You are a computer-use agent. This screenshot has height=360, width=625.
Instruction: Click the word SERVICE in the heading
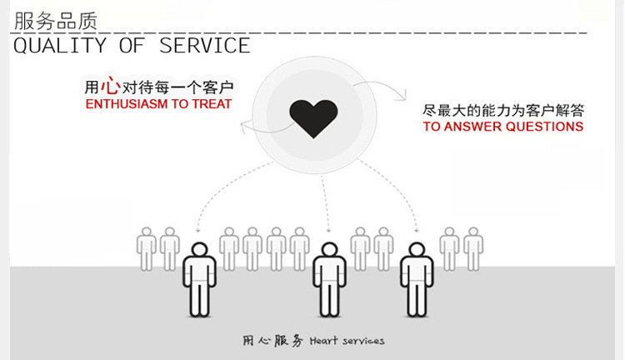205,45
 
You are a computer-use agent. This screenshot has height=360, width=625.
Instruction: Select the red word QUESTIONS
546,127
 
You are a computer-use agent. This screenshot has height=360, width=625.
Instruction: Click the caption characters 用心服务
272,342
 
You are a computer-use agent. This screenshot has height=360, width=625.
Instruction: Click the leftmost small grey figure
147,247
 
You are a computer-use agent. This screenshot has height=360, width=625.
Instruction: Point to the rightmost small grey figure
473,247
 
